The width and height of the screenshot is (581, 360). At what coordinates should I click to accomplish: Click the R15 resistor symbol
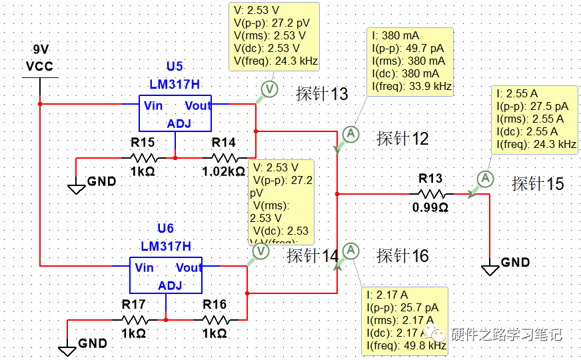tap(143, 158)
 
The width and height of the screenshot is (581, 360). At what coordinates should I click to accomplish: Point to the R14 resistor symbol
tap(224, 158)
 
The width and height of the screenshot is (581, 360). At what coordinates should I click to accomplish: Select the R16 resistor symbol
tap(215, 320)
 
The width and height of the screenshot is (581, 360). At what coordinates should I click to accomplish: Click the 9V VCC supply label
tap(39, 59)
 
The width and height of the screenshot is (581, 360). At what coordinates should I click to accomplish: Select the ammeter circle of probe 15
tap(486, 178)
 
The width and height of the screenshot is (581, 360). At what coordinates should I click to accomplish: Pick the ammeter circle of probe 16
tap(351, 251)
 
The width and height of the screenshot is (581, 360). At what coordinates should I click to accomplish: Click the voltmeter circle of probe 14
tap(261, 251)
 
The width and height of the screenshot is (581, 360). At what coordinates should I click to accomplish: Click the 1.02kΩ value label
tap(223, 171)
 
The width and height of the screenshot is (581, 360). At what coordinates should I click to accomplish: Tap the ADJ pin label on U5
tap(179, 123)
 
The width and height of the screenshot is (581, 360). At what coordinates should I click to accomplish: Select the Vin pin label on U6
tap(144, 268)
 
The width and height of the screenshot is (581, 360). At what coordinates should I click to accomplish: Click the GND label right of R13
tap(515, 262)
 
